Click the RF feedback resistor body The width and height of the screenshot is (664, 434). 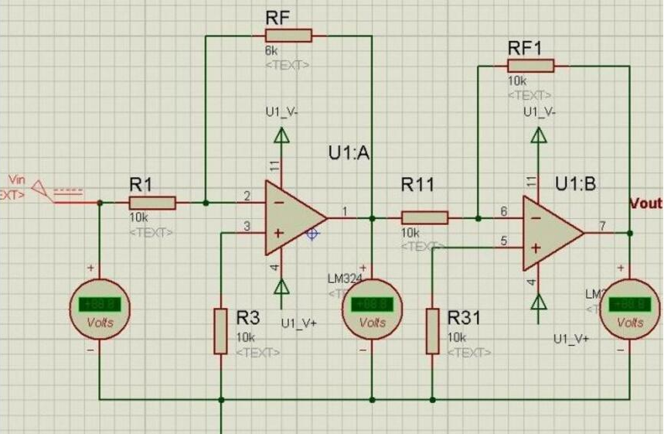coord(288,35)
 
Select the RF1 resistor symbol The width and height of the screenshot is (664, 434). coord(530,66)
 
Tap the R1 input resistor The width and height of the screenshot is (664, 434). coord(153,203)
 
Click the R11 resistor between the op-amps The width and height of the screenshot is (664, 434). coord(424,217)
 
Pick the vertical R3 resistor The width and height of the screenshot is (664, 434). coord(220,330)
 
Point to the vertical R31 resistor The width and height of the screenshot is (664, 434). coord(433,330)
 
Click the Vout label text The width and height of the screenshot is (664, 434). coord(646,204)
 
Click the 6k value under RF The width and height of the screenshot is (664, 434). coord(271,51)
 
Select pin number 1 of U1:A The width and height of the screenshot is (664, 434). coord(345,210)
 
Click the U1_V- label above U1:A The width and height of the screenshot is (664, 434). coord(281,111)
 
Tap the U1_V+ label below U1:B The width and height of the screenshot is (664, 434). coord(571,339)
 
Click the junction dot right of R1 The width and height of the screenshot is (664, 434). coord(205,203)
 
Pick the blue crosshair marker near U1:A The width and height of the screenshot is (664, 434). coord(312,232)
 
